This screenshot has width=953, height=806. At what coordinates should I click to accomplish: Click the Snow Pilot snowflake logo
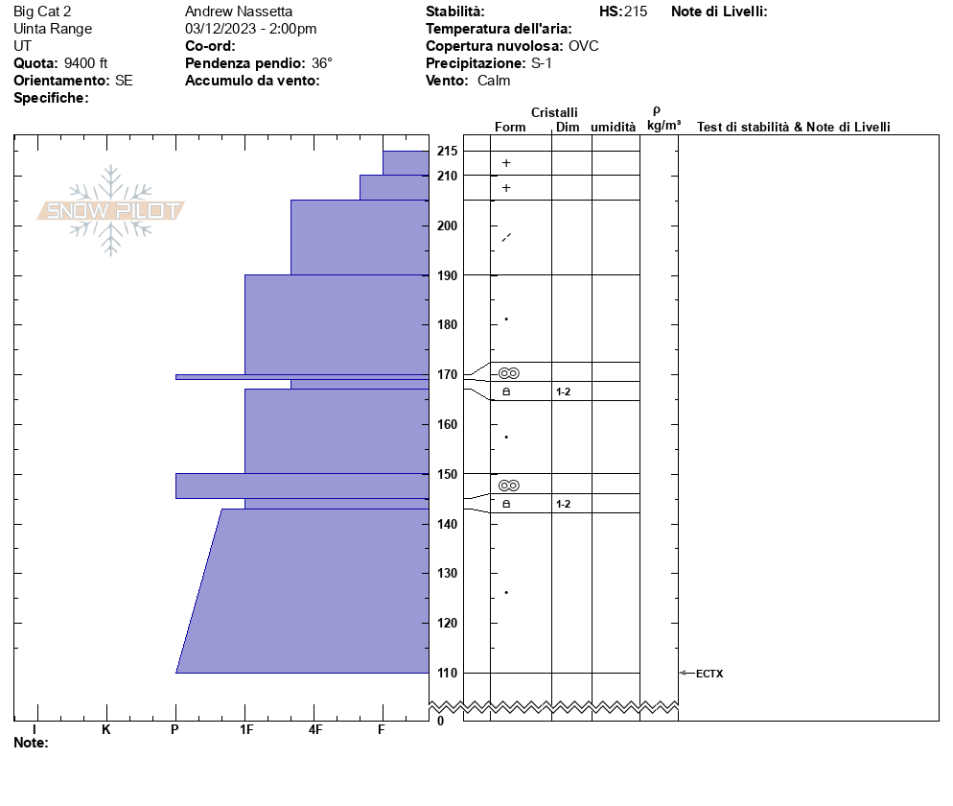(x=110, y=210)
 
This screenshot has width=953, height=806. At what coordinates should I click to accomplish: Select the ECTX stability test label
(x=709, y=674)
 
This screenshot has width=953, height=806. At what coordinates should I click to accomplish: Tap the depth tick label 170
(x=447, y=375)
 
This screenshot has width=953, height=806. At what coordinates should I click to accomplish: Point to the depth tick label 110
(x=447, y=673)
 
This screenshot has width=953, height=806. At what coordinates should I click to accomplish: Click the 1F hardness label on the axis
(x=246, y=729)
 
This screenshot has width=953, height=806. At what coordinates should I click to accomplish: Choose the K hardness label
(x=105, y=729)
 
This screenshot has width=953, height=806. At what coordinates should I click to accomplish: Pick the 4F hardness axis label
(x=314, y=729)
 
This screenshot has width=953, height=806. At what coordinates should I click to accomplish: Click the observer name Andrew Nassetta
(x=239, y=12)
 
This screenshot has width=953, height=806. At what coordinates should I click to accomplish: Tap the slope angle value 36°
(x=321, y=63)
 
